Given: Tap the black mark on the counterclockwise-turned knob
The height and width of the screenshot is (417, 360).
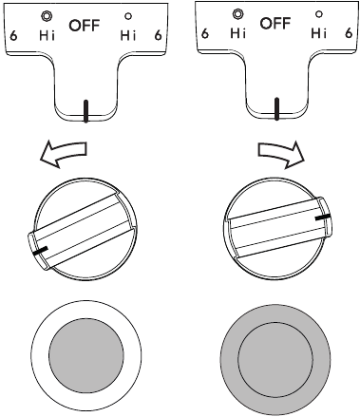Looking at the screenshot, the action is click(x=40, y=252).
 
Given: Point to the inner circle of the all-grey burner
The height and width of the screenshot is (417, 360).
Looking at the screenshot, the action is click(x=275, y=361).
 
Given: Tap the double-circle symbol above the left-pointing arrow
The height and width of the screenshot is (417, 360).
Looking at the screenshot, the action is click(x=45, y=14).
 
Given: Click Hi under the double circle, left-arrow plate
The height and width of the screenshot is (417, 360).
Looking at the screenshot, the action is click(x=45, y=35).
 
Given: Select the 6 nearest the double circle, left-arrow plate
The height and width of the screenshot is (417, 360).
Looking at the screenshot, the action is click(x=12, y=35).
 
